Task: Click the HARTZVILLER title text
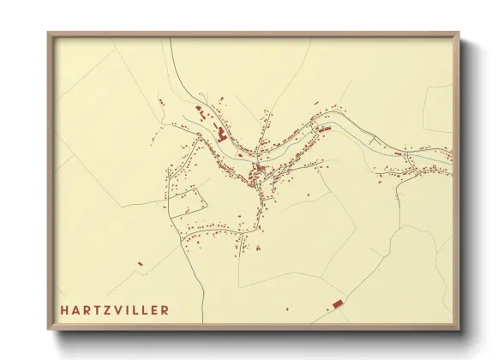(115, 309)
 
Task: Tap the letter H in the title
(63, 309)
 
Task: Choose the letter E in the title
(154, 309)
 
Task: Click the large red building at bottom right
(337, 303)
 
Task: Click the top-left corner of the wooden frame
(49, 33)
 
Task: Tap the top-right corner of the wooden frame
(459, 33)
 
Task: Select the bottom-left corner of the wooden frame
(49, 330)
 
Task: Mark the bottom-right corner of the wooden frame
(459, 330)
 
